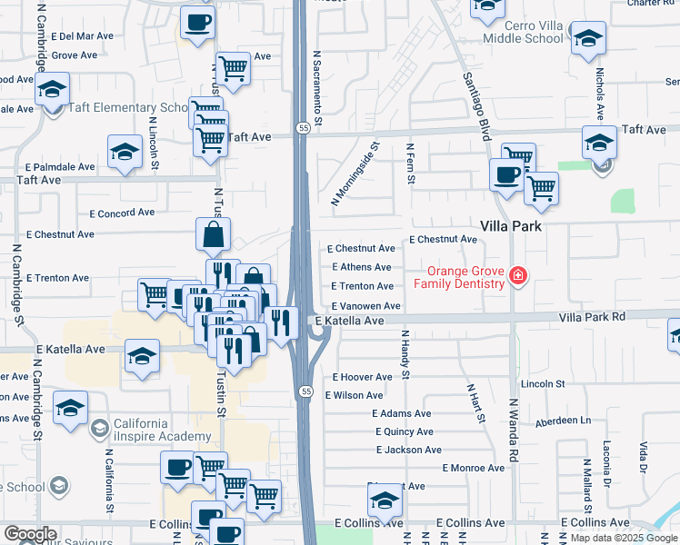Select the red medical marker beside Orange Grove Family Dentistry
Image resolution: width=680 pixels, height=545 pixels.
pyautogui.click(x=518, y=275)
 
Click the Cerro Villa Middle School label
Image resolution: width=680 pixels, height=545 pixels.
pyautogui.click(x=522, y=32)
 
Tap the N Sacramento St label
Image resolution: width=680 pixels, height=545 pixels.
pyautogui.click(x=318, y=87)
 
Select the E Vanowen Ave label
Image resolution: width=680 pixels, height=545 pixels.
pyautogui.click(x=365, y=306)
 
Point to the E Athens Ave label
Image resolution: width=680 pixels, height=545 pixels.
pyautogui.click(x=362, y=267)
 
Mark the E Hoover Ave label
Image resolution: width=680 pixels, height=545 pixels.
pyautogui.click(x=362, y=376)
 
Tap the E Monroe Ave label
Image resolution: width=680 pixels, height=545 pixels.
pyautogui.click(x=473, y=468)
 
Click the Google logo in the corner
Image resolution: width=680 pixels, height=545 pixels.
pyautogui.click(x=30, y=534)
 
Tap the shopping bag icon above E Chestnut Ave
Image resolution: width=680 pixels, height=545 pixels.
pyautogui.click(x=213, y=234)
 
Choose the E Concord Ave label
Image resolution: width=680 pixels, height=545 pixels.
pyautogui.click(x=122, y=213)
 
